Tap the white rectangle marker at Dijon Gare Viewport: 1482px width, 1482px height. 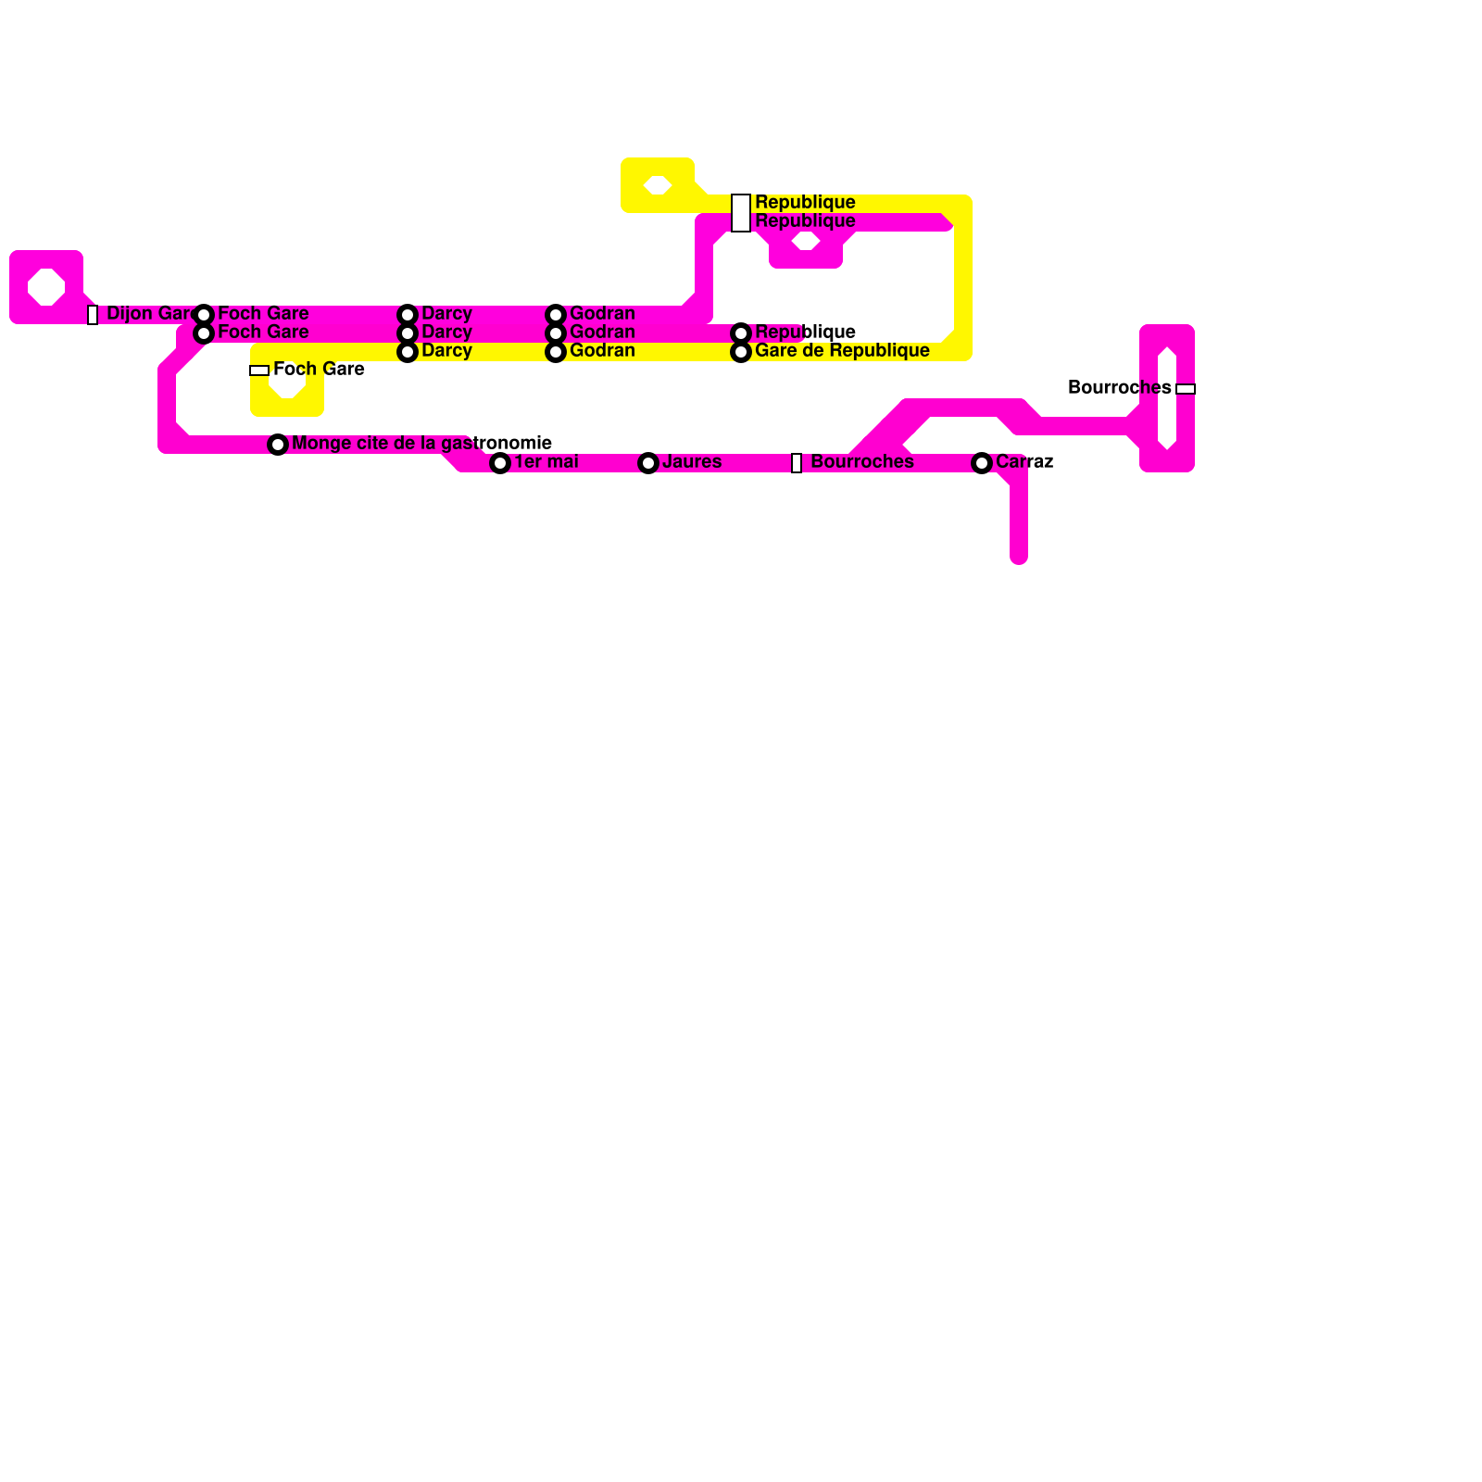[x=93, y=315]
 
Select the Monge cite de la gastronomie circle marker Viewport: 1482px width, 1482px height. [x=278, y=445]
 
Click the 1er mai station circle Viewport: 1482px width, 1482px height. [x=500, y=463]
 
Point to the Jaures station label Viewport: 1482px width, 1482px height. [x=692, y=462]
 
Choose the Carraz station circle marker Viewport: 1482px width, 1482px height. [x=982, y=463]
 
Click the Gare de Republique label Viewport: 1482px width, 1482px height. [x=842, y=351]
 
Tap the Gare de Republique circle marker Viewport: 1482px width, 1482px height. [x=741, y=352]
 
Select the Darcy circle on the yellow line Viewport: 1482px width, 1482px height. [x=408, y=352]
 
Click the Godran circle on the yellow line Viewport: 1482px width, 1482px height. [x=556, y=352]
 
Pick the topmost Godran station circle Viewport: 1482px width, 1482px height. [x=556, y=315]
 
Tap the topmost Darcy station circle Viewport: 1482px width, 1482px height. [x=408, y=315]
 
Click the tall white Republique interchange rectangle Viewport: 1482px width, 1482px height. [x=741, y=213]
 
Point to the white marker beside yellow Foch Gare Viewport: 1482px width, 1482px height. [x=259, y=370]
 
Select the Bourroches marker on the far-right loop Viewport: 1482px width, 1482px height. [x=1186, y=389]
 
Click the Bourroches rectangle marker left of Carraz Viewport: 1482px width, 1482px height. [x=797, y=463]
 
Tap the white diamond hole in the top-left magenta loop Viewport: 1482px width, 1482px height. [x=46, y=287]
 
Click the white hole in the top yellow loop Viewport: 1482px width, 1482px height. [x=658, y=185]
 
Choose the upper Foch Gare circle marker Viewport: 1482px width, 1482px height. [x=204, y=315]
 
